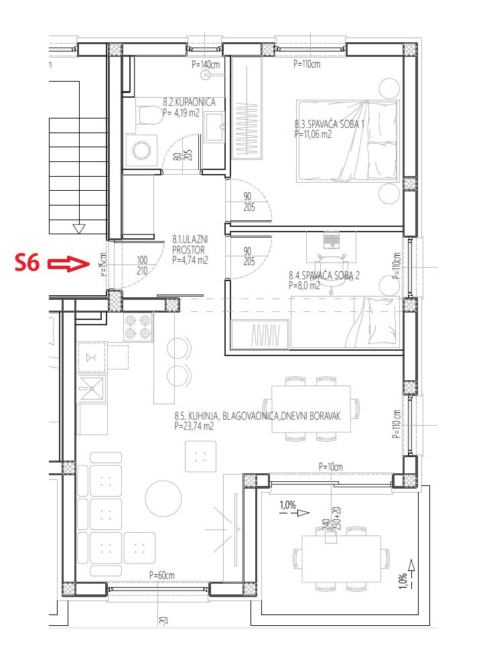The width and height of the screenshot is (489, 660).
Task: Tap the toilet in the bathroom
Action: pyautogui.click(x=147, y=116)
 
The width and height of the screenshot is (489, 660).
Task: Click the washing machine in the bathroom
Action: pyautogui.click(x=141, y=151)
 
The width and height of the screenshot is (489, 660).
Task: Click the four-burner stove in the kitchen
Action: pyautogui.click(x=138, y=326)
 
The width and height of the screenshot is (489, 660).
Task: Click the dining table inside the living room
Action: pyautogui.click(x=311, y=409)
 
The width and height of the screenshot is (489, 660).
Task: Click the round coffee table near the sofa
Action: pyautogui.click(x=163, y=497)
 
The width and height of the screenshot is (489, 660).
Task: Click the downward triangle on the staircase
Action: pyautogui.click(x=79, y=229)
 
